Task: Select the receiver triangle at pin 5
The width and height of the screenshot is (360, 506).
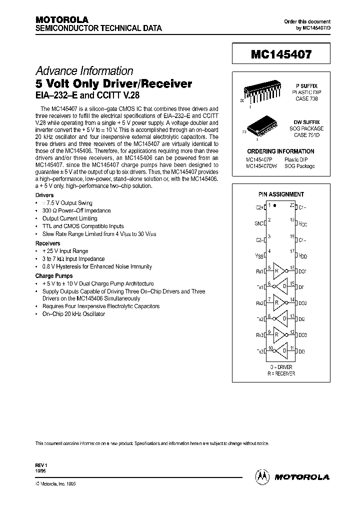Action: (x=278, y=271)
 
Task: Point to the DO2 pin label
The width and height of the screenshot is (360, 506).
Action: (x=302, y=303)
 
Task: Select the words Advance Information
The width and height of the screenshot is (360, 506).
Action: (x=84, y=71)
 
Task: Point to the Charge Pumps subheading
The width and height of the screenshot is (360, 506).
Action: (x=53, y=276)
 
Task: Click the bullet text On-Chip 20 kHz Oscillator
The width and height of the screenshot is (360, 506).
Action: (x=73, y=314)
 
